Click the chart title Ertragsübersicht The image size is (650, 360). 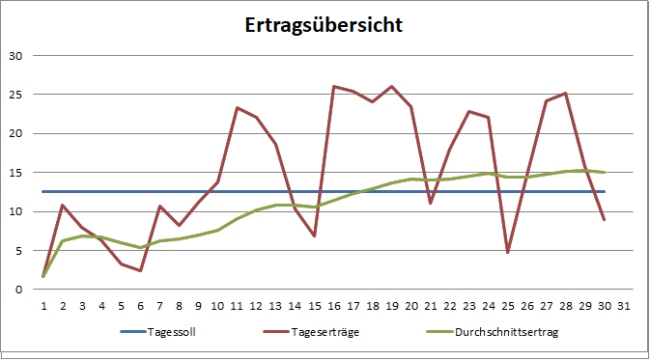(324, 25)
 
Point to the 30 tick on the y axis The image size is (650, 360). (14, 55)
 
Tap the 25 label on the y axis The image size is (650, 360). (14, 95)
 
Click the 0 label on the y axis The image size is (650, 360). (17, 290)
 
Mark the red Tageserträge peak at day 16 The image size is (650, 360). (333, 86)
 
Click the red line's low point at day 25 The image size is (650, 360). (507, 253)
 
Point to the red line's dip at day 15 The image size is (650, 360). (314, 235)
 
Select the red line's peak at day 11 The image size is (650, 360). (237, 107)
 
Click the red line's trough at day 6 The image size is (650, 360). (140, 270)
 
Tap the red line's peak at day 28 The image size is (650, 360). (565, 93)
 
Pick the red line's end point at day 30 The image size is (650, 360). (604, 220)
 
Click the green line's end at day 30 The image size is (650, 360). (604, 173)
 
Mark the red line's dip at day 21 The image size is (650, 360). (430, 203)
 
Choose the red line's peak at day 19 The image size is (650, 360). (391, 86)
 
